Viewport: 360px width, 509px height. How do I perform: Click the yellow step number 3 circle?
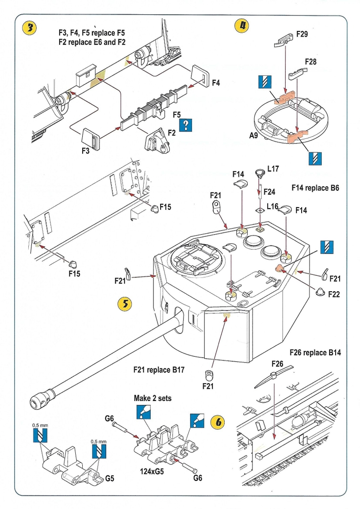point(29,28)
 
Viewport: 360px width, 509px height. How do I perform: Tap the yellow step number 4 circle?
point(241,26)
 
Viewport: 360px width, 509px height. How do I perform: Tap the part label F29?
point(302,34)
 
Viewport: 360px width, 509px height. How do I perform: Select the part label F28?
point(310,62)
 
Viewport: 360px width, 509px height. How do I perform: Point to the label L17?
point(273,169)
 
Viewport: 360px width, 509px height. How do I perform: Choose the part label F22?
point(334,294)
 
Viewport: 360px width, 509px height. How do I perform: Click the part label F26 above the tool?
point(277,364)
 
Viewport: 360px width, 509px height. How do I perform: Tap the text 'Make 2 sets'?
point(153,398)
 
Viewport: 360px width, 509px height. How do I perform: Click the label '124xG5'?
point(149,471)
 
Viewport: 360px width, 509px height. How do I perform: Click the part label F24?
point(270,192)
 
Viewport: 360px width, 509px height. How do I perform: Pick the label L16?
point(273,207)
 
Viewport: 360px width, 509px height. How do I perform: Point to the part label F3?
point(86,150)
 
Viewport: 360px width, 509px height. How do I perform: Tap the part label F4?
point(216,82)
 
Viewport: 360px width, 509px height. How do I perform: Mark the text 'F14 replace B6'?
point(315,188)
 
